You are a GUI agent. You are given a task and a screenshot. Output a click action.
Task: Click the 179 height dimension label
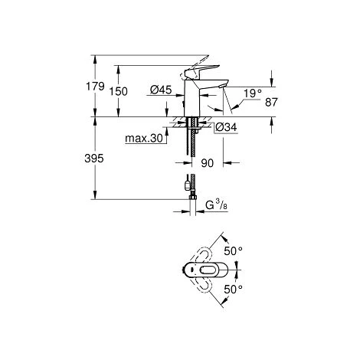click(x=95, y=87)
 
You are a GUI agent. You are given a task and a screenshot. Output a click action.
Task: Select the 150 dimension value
click(x=118, y=91)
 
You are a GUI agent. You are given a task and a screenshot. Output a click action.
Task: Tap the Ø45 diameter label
click(x=161, y=90)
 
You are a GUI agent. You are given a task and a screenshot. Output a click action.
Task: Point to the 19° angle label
click(x=253, y=93)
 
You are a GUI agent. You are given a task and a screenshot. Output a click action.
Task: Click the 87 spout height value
click(x=271, y=103)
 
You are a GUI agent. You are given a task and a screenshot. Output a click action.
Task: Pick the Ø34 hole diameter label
click(x=226, y=127)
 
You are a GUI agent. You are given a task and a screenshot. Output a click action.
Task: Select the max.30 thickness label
click(x=144, y=139)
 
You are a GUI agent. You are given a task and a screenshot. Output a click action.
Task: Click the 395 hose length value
click(x=94, y=159)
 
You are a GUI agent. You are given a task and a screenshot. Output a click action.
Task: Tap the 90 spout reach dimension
click(x=207, y=163)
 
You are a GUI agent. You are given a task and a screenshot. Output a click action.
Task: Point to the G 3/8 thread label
click(x=216, y=205)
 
